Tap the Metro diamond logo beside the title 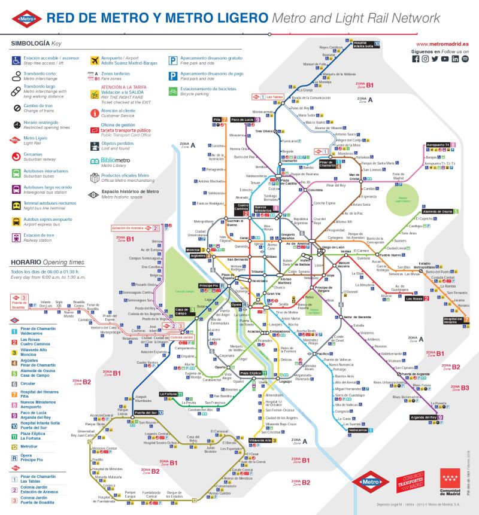tap(28, 18)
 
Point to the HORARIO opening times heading tap(28, 263)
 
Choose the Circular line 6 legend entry tap(30, 383)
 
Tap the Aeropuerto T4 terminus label tap(442, 145)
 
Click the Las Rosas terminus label tap(414, 298)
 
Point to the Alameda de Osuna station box tap(438, 212)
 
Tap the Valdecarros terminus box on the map tap(358, 430)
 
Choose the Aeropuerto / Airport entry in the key tap(116, 60)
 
